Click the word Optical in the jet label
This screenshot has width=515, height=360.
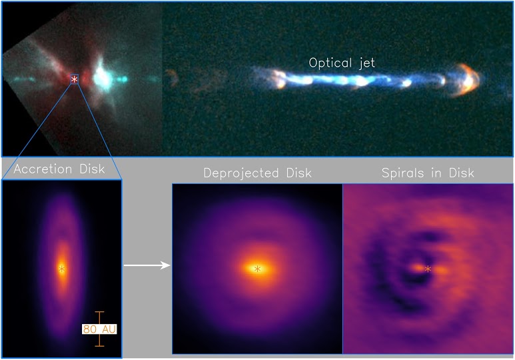[330, 63]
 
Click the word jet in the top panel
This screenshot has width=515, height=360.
[366, 63]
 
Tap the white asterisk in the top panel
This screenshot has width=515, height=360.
[75, 79]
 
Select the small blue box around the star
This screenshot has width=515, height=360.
[75, 79]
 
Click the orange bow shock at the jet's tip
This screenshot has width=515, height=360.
[466, 80]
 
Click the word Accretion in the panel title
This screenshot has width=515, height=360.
[43, 169]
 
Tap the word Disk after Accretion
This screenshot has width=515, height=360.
[93, 169]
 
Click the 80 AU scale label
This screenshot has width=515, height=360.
[99, 329]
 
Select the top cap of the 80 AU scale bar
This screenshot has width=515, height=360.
[99, 312]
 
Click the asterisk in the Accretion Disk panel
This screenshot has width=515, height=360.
[62, 269]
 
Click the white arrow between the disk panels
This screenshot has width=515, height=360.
[147, 265]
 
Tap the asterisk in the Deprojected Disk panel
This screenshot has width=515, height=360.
[257, 269]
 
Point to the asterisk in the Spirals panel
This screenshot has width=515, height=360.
[428, 269]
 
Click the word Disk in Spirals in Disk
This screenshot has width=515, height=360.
[462, 173]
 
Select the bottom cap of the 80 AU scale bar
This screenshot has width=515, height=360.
[99, 346]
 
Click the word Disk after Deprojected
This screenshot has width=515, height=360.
[299, 173]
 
